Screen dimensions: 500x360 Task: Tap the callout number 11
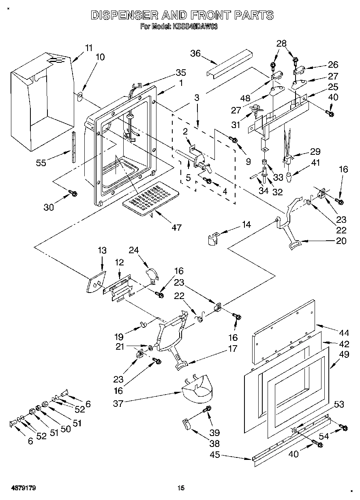(x=89, y=47)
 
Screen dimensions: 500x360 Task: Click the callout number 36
(x=196, y=53)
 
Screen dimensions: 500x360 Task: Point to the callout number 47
(x=176, y=227)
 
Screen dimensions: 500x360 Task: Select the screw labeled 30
(x=74, y=194)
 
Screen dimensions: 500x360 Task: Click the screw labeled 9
(x=234, y=140)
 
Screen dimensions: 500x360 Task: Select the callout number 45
(x=215, y=455)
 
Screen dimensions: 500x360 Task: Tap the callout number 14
(x=246, y=224)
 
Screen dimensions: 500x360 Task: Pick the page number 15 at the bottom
(x=181, y=488)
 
